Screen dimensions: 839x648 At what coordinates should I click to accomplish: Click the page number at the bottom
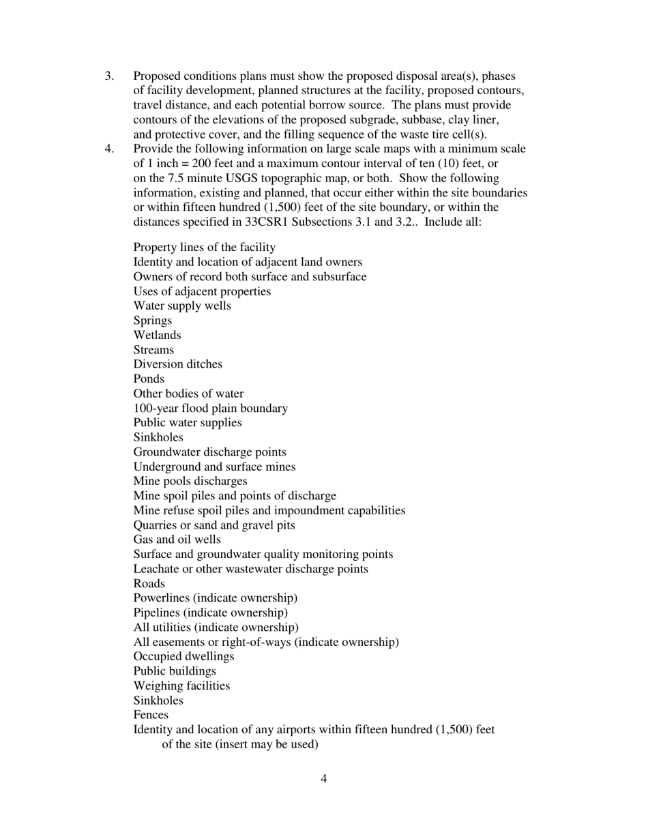(x=323, y=779)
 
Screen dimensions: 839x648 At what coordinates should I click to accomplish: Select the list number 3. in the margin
(x=109, y=76)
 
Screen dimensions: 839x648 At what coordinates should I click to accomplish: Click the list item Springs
(x=152, y=321)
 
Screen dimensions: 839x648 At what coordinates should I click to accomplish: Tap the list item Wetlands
(x=157, y=335)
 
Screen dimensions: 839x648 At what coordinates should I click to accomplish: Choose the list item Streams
(x=153, y=350)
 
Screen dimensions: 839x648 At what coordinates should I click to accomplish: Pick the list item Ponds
(x=149, y=379)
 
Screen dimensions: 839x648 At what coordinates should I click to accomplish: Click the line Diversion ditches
(x=177, y=364)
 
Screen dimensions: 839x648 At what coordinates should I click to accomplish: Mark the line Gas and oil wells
(x=177, y=539)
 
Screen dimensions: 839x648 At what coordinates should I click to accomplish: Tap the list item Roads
(x=149, y=583)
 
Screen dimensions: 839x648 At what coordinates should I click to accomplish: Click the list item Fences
(x=151, y=715)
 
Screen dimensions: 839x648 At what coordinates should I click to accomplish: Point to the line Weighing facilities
(x=181, y=686)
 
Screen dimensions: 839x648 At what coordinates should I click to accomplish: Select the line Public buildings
(x=175, y=671)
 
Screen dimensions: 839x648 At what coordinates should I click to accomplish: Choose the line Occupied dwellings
(x=183, y=656)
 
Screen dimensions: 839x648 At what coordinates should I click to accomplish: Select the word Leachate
(x=158, y=568)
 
